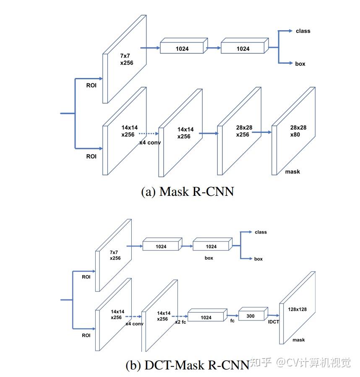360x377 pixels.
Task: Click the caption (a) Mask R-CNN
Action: [x=187, y=192]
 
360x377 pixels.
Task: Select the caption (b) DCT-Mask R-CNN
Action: [x=187, y=365]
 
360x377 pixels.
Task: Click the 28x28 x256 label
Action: [x=243, y=130]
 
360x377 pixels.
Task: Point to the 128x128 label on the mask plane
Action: [x=297, y=309]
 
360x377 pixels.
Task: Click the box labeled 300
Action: [x=250, y=316]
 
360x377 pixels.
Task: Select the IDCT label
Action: [x=274, y=322]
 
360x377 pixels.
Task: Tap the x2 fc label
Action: [x=180, y=322]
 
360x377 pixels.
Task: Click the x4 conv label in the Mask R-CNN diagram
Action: [x=150, y=143]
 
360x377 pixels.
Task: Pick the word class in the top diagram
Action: [x=303, y=31]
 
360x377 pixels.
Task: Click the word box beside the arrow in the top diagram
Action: [x=300, y=64]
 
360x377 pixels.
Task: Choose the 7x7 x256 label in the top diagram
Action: [x=127, y=59]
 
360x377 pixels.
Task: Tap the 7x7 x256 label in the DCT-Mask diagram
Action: [x=115, y=255]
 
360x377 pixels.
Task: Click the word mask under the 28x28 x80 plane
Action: [x=292, y=172]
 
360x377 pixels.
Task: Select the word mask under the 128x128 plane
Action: [x=299, y=340]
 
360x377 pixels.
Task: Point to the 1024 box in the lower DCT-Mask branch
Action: [x=206, y=318]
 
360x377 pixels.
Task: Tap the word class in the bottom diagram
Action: [x=261, y=232]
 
